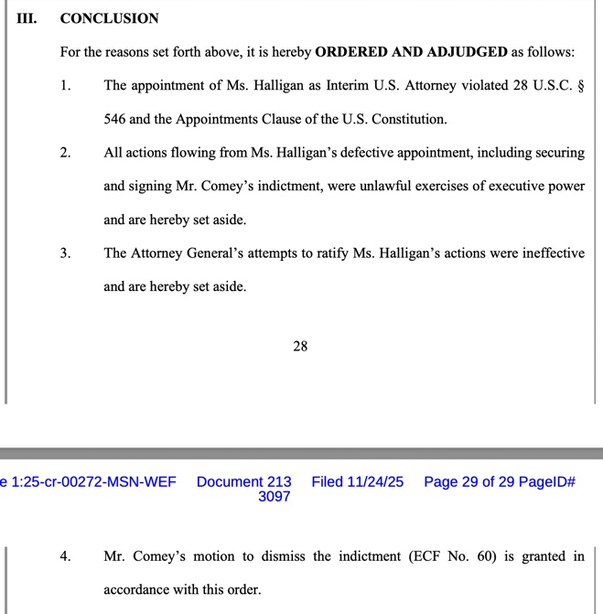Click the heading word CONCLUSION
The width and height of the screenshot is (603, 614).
109,18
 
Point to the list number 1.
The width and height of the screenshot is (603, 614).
65,86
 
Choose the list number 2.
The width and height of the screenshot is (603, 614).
65,153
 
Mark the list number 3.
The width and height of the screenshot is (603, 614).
65,253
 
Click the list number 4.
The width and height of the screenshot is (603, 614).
65,556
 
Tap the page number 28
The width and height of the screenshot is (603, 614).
300,346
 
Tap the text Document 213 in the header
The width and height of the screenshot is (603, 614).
244,482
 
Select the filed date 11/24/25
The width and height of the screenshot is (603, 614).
374,482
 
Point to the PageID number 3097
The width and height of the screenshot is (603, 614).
274,497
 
